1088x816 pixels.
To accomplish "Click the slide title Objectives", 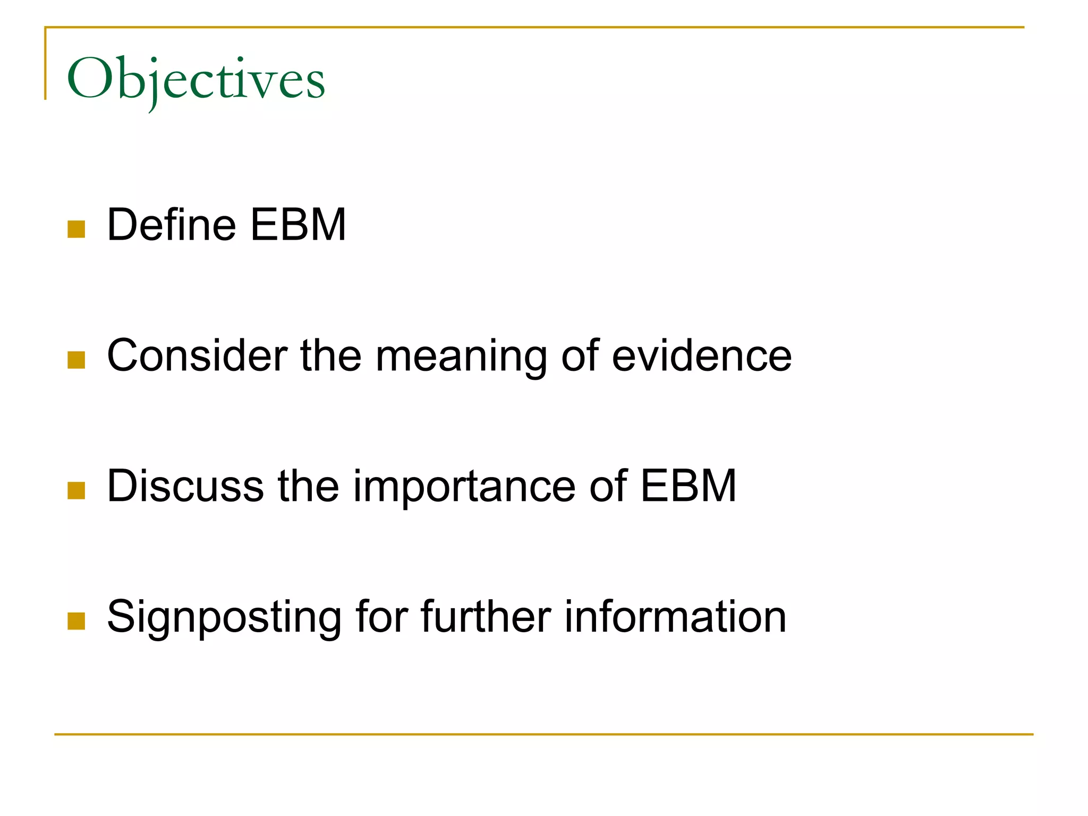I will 195,80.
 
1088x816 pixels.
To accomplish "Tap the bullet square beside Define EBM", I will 76,229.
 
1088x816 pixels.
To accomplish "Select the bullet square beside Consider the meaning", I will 76,360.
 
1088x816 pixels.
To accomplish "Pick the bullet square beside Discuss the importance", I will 76,490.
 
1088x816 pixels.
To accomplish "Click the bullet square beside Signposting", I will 76,621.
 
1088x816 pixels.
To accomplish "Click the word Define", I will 172,225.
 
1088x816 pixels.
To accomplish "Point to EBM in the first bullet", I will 298,225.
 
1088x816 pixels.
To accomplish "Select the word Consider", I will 197,355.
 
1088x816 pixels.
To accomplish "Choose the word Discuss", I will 185,486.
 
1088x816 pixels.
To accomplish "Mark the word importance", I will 464,487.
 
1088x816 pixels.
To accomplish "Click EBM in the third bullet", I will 688,486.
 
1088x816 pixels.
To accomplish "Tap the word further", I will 486,616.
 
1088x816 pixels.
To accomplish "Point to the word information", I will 675,616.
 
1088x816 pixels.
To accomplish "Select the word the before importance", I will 308,486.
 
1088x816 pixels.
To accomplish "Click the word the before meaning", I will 330,355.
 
